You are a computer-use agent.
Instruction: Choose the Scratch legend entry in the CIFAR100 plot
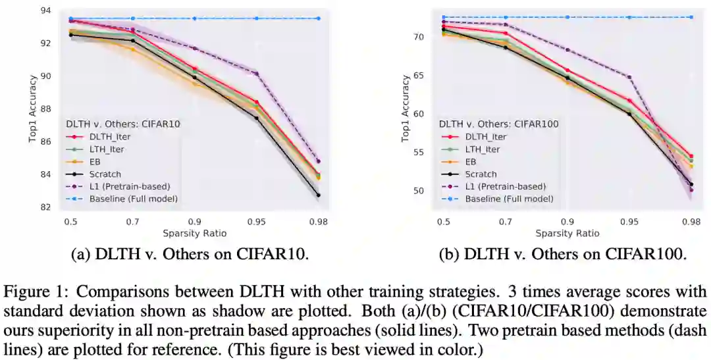(x=481, y=174)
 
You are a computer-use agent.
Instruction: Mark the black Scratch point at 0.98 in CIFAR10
(x=318, y=195)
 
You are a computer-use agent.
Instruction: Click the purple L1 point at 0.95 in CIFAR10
(x=256, y=73)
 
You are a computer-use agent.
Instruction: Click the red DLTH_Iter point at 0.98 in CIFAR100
(x=691, y=156)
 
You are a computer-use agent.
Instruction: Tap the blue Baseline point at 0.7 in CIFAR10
(x=133, y=18)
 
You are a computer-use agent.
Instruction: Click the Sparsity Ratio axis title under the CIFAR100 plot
(x=567, y=233)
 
